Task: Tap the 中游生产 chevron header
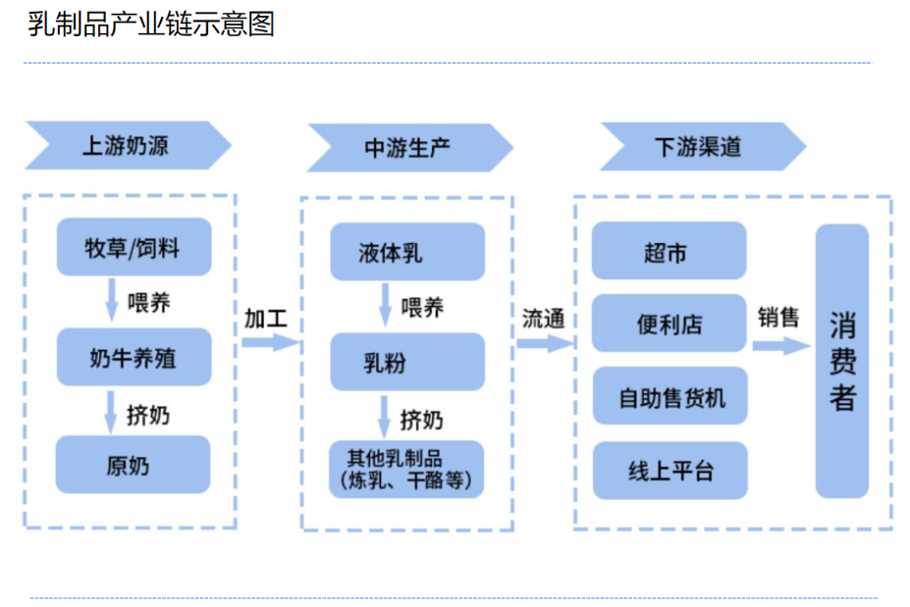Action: point(408,147)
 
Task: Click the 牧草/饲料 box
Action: point(133,246)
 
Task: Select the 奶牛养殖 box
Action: point(133,357)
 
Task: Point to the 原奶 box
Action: point(133,465)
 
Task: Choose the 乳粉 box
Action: point(406,362)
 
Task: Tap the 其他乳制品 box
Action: point(406,470)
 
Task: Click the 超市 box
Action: point(669,251)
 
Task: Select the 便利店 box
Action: point(669,324)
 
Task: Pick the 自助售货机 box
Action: point(669,396)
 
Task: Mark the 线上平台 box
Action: point(669,470)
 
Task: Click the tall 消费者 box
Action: point(841,361)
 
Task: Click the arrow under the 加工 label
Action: point(269,342)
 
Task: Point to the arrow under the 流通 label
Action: point(544,343)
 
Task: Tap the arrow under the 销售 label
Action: point(780,346)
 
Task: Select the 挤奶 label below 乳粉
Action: point(421,420)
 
